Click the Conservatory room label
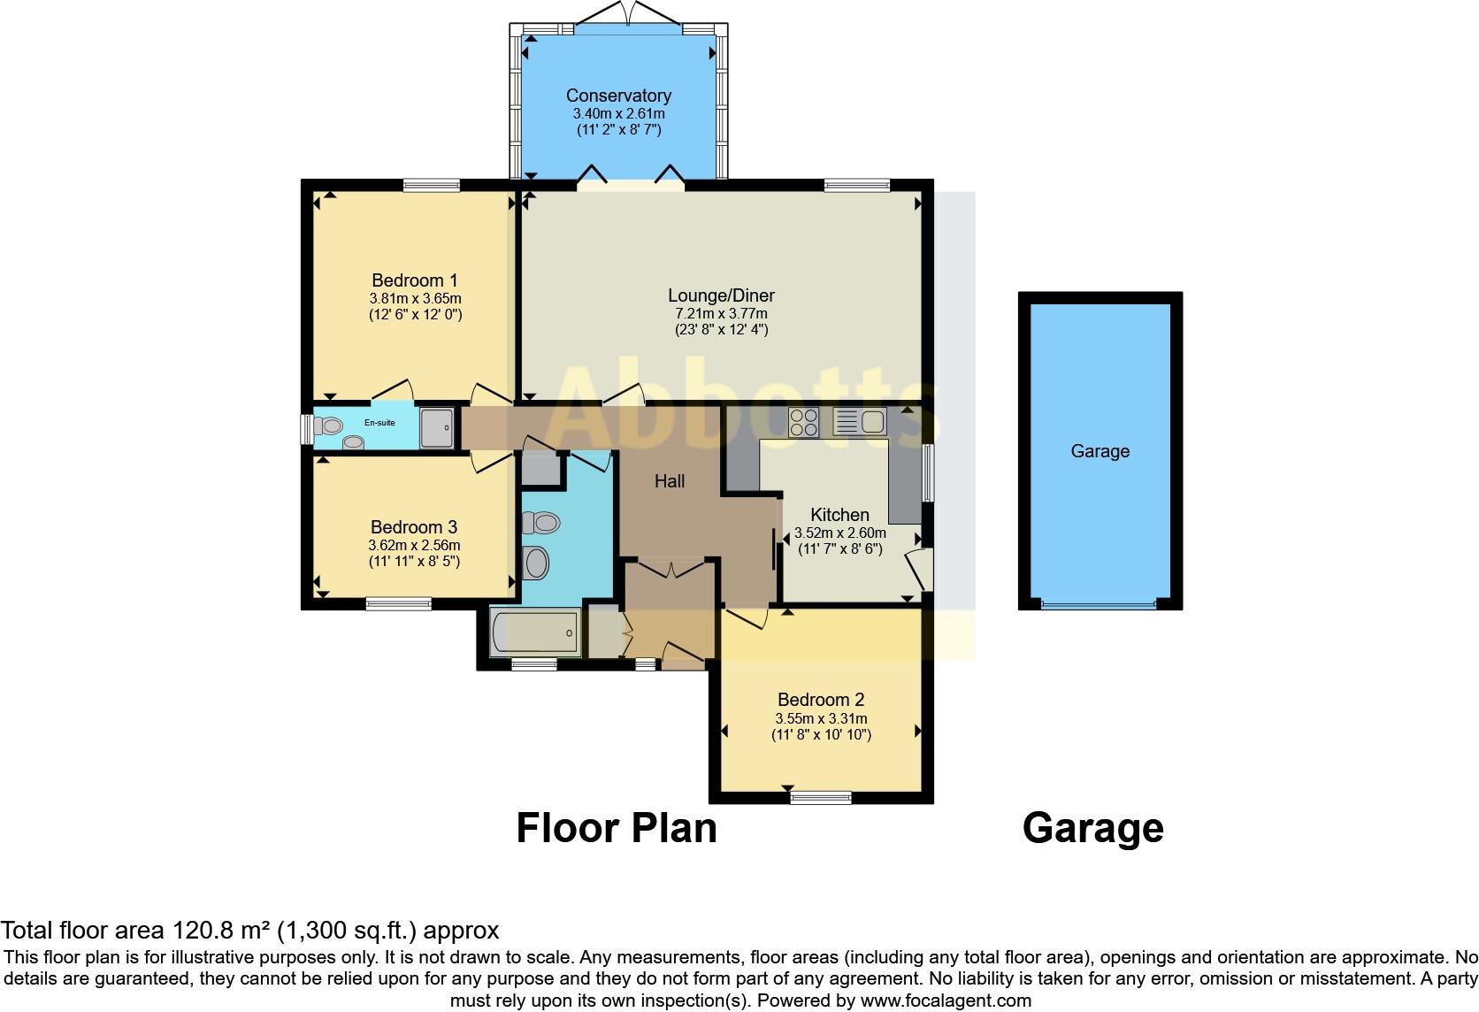click(618, 96)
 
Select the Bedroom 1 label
click(414, 280)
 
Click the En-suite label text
click(380, 423)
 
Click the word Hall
click(670, 481)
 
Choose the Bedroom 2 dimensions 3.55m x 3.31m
click(821, 718)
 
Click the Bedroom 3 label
click(414, 527)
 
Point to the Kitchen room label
click(839, 515)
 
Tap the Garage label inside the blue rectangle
click(1100, 451)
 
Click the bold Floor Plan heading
click(617, 829)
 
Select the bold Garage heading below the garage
click(1092, 829)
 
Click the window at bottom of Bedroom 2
click(821, 798)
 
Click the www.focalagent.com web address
click(946, 1000)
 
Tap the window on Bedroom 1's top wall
click(431, 185)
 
